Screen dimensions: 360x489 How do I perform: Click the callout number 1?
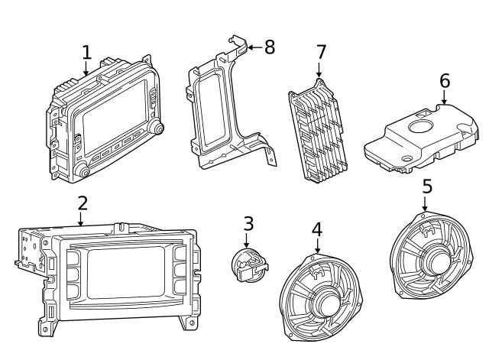(86, 52)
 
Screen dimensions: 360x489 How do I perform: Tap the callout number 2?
(82, 203)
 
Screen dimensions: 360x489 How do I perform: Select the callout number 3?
(248, 224)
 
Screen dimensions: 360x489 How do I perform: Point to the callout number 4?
(317, 229)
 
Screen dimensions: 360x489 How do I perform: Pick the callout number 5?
(426, 186)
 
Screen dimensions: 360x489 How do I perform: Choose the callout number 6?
(445, 81)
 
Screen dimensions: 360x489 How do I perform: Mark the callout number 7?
(321, 52)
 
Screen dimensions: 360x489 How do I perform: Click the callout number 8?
(268, 47)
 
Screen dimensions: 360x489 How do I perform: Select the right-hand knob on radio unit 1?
(157, 127)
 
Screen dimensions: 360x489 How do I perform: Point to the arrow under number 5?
(425, 204)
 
